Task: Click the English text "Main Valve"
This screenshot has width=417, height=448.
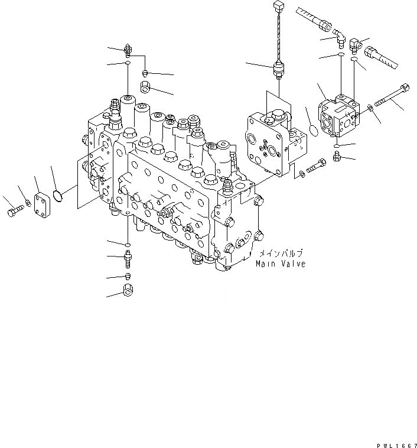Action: (281, 264)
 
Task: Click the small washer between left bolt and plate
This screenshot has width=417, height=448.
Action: (28, 205)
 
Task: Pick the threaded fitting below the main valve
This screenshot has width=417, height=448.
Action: (128, 258)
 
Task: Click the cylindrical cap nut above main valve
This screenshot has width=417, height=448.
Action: (146, 88)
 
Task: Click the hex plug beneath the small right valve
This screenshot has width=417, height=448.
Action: (337, 156)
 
